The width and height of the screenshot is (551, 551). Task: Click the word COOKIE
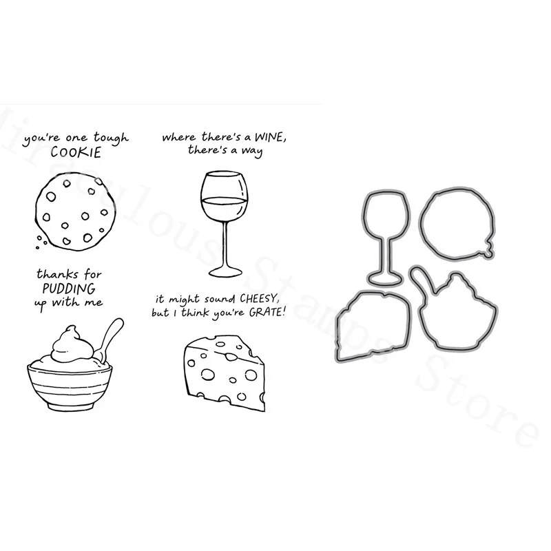76,153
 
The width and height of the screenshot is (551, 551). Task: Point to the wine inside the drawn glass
224,209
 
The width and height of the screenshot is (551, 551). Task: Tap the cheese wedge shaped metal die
372,324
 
